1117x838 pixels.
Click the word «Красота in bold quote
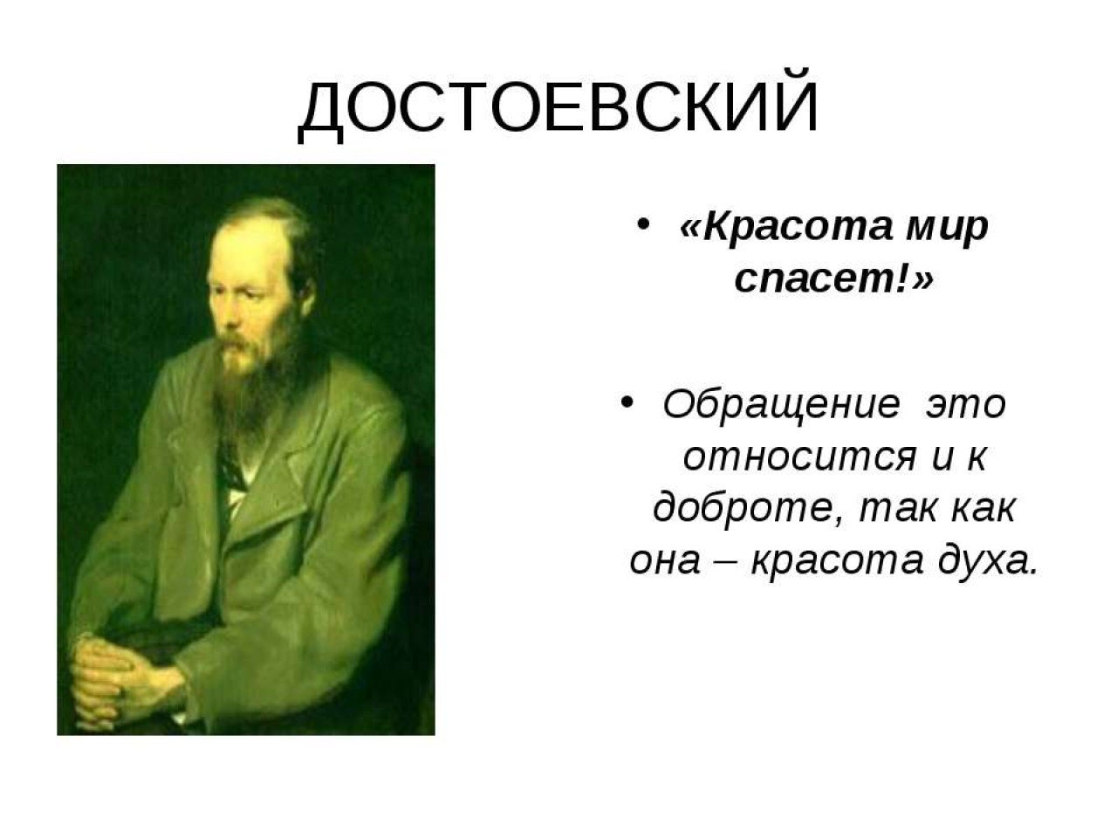tap(785, 226)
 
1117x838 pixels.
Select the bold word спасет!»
tap(835, 278)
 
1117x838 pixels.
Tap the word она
tap(664, 561)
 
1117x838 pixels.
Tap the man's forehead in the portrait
tap(244, 250)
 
